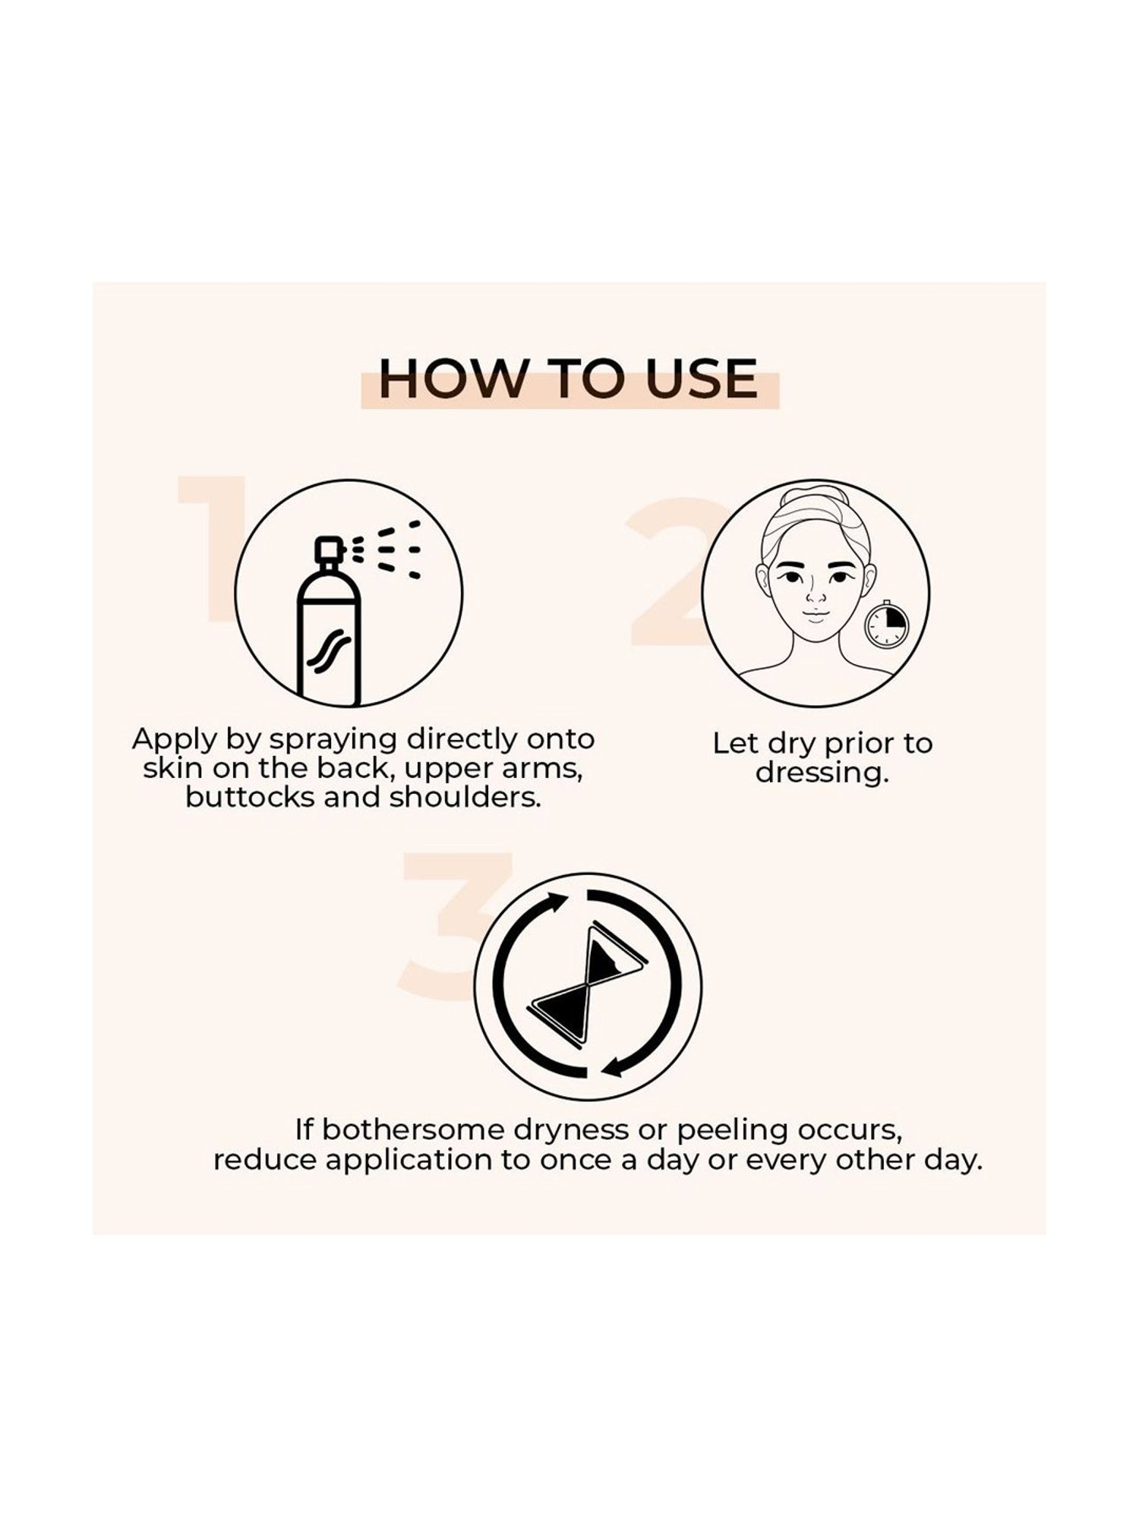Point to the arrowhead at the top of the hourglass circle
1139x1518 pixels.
coord(560,903)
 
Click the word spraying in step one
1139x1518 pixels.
coord(335,741)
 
